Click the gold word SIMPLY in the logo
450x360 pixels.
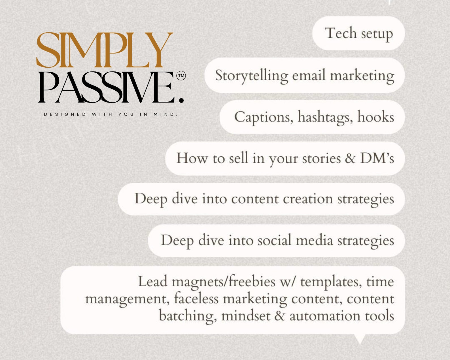(104, 50)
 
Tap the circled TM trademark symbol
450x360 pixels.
(181, 76)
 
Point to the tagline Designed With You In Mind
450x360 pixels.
(111, 114)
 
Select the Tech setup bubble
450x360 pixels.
(358, 33)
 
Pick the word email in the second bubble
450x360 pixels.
(309, 75)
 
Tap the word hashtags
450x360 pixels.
(325, 117)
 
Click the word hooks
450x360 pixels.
(375, 117)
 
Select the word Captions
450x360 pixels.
(264, 117)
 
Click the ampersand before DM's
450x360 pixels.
(350, 158)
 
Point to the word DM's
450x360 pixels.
(377, 158)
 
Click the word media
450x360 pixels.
(314, 240)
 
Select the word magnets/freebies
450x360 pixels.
(223, 282)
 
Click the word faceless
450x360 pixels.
(196, 299)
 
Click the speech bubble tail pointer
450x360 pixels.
(360, 338)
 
